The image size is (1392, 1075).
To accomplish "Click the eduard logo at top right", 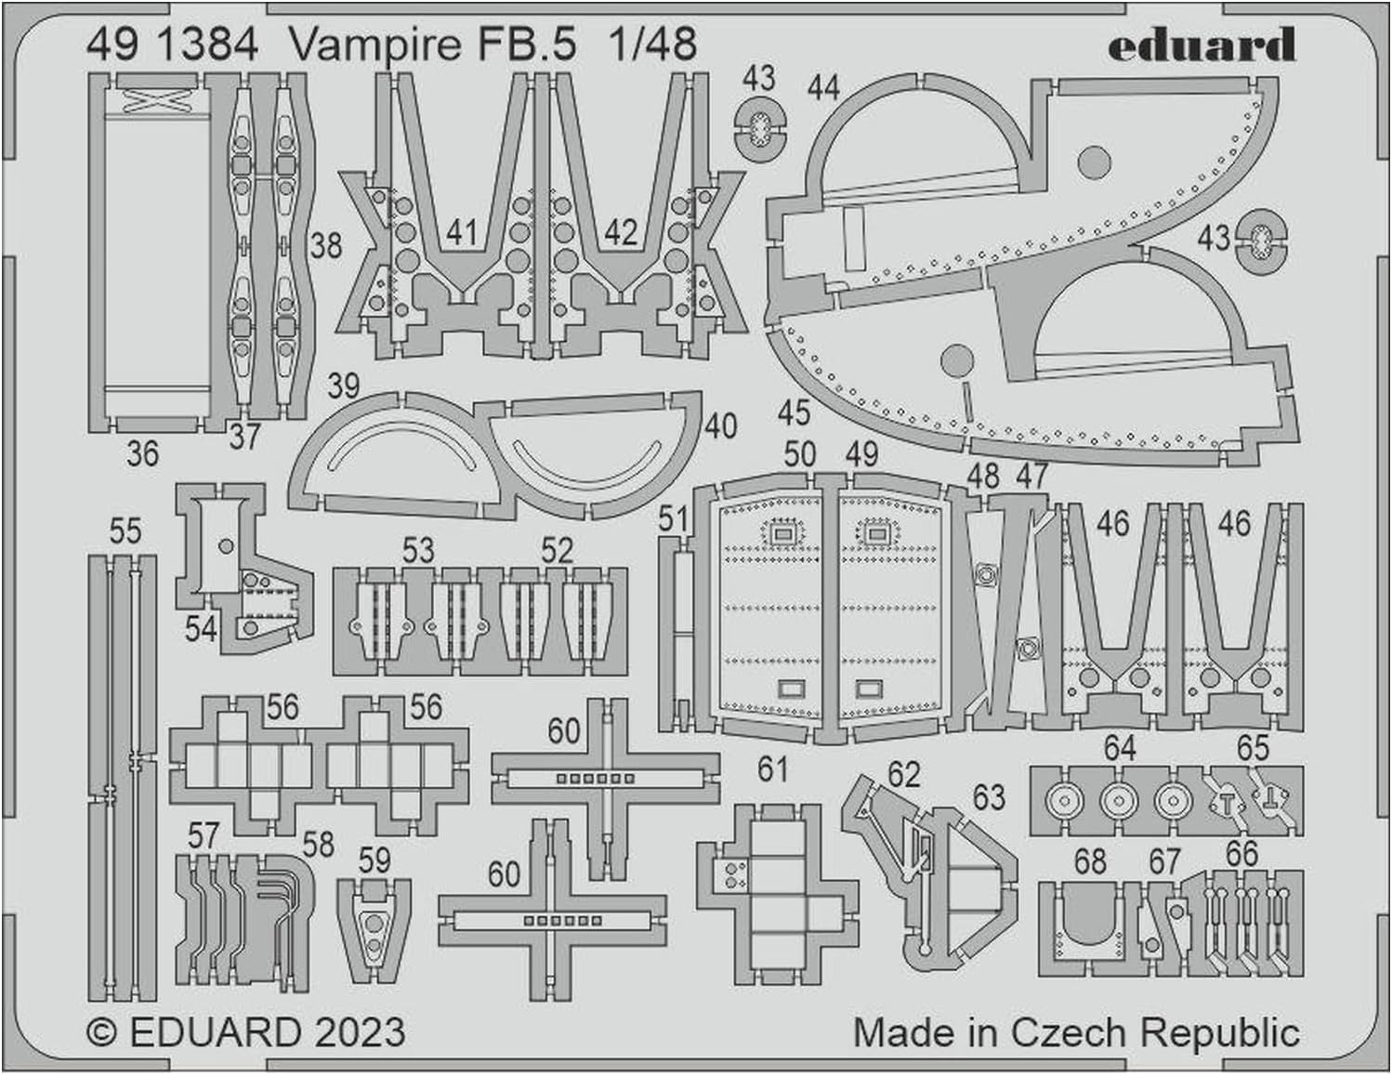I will tap(1201, 45).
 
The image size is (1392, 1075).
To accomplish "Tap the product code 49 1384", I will tap(172, 45).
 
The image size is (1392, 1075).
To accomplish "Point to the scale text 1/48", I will tap(653, 45).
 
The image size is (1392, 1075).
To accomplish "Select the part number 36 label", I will tap(142, 453).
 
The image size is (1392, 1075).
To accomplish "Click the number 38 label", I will tap(325, 246).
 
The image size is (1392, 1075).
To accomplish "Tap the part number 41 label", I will tap(462, 232).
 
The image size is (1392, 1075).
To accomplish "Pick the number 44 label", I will tap(823, 88).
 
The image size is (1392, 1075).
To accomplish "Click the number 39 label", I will tap(343, 386).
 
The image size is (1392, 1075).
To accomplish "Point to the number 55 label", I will tap(125, 531).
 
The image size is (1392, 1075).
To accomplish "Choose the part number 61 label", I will tap(772, 769).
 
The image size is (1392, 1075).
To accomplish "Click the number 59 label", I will tap(374, 860).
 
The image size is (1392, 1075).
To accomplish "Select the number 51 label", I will tap(673, 518).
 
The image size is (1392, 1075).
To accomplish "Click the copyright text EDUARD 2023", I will tap(246, 1033).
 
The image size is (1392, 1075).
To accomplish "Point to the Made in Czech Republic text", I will tap(1076, 1033).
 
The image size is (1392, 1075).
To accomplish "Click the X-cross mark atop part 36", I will tap(151, 99).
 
